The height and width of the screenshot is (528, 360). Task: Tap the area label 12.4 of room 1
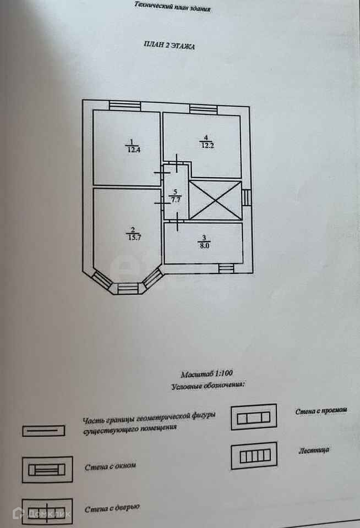point(132,149)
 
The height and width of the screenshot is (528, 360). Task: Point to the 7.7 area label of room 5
point(176,200)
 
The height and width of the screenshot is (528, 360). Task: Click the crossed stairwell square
point(215,200)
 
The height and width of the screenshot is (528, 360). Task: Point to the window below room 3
point(226,268)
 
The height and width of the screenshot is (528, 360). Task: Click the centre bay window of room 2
point(128,287)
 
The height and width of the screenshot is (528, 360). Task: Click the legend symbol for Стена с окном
point(47,470)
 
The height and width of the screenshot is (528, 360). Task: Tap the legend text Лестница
point(314,450)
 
